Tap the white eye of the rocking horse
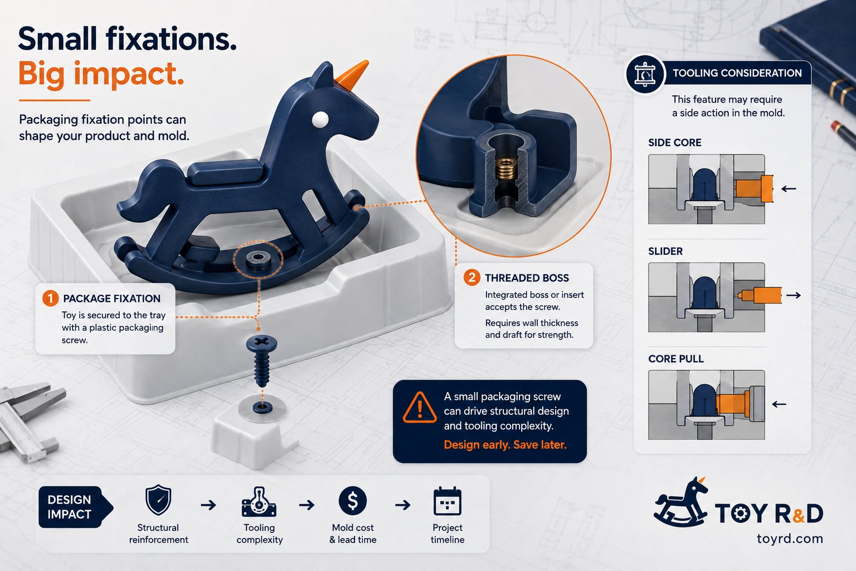(x=320, y=120)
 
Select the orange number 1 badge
(x=51, y=298)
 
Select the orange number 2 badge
(x=472, y=278)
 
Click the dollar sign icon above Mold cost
(x=353, y=501)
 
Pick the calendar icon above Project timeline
(x=448, y=501)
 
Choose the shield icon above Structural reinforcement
(x=158, y=500)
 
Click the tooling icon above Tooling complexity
(x=259, y=502)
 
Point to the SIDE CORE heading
(x=674, y=143)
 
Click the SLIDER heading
(x=665, y=251)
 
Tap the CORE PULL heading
(x=675, y=359)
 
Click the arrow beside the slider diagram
(x=794, y=295)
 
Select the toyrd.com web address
(x=790, y=539)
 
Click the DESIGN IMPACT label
(x=69, y=507)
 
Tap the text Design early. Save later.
(x=505, y=445)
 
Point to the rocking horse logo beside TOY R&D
(x=681, y=502)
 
